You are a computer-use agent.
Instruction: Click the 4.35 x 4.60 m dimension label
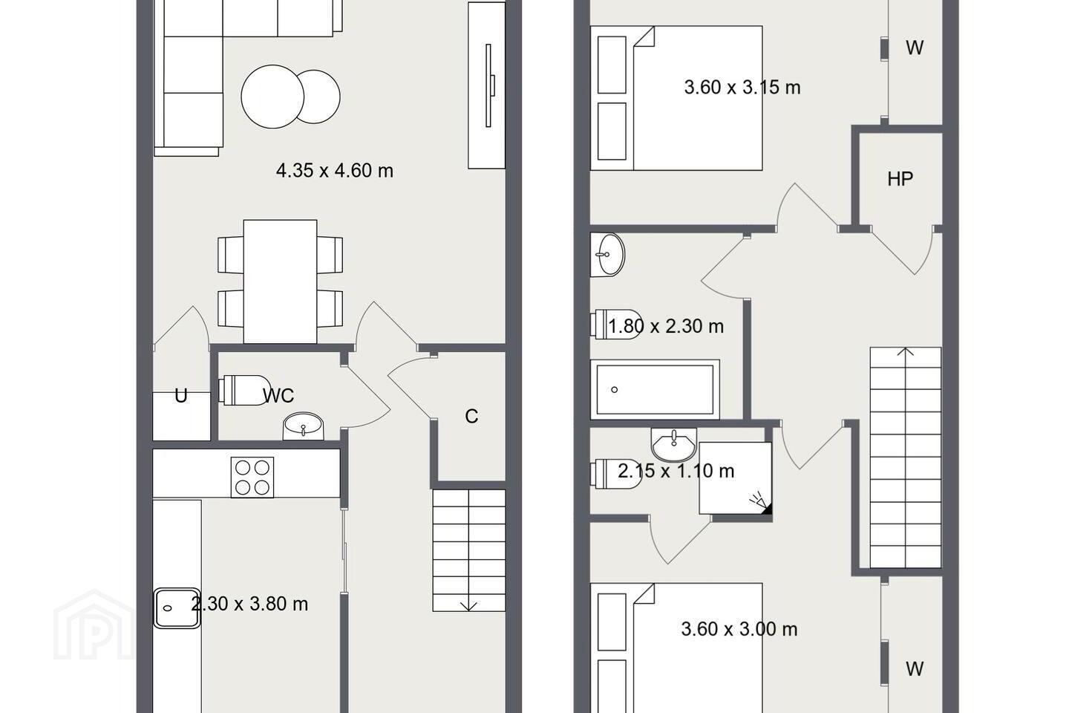coord(335,171)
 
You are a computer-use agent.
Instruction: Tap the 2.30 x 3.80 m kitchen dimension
coord(249,604)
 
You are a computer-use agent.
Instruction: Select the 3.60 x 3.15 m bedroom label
coord(742,88)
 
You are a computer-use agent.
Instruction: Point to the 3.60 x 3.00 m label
coord(739,629)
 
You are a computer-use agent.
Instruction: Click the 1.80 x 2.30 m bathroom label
coord(666,326)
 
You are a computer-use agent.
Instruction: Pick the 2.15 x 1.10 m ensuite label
coord(676,471)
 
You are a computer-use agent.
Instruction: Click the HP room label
coord(900,179)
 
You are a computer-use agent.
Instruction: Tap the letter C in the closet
coord(471,417)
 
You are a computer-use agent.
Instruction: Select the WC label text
coord(278,395)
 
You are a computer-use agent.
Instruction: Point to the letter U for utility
coord(181,396)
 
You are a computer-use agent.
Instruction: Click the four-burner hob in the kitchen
coord(252,477)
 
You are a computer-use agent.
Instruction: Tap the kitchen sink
coord(177,608)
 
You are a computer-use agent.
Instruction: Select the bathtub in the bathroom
coord(655,389)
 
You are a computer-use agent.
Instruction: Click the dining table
coord(280,281)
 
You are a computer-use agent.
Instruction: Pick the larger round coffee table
coord(272,97)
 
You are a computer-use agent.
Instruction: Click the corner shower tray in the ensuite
coord(736,478)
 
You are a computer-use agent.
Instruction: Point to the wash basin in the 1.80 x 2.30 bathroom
coord(607,255)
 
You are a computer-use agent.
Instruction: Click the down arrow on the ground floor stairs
coord(468,605)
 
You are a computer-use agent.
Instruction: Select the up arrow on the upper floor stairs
coord(906,352)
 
